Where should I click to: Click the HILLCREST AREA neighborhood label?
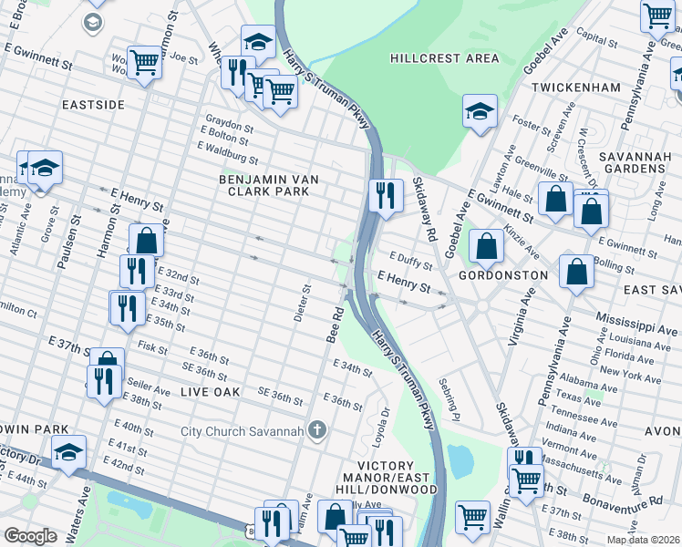click(444, 58)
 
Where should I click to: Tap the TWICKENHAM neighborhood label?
click(576, 88)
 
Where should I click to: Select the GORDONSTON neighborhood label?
click(502, 274)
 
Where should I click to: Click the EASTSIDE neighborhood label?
click(93, 105)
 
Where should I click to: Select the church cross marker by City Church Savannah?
click(316, 430)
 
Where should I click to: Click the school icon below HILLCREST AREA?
click(480, 112)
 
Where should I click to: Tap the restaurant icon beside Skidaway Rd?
click(386, 195)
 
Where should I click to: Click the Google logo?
click(30, 536)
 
